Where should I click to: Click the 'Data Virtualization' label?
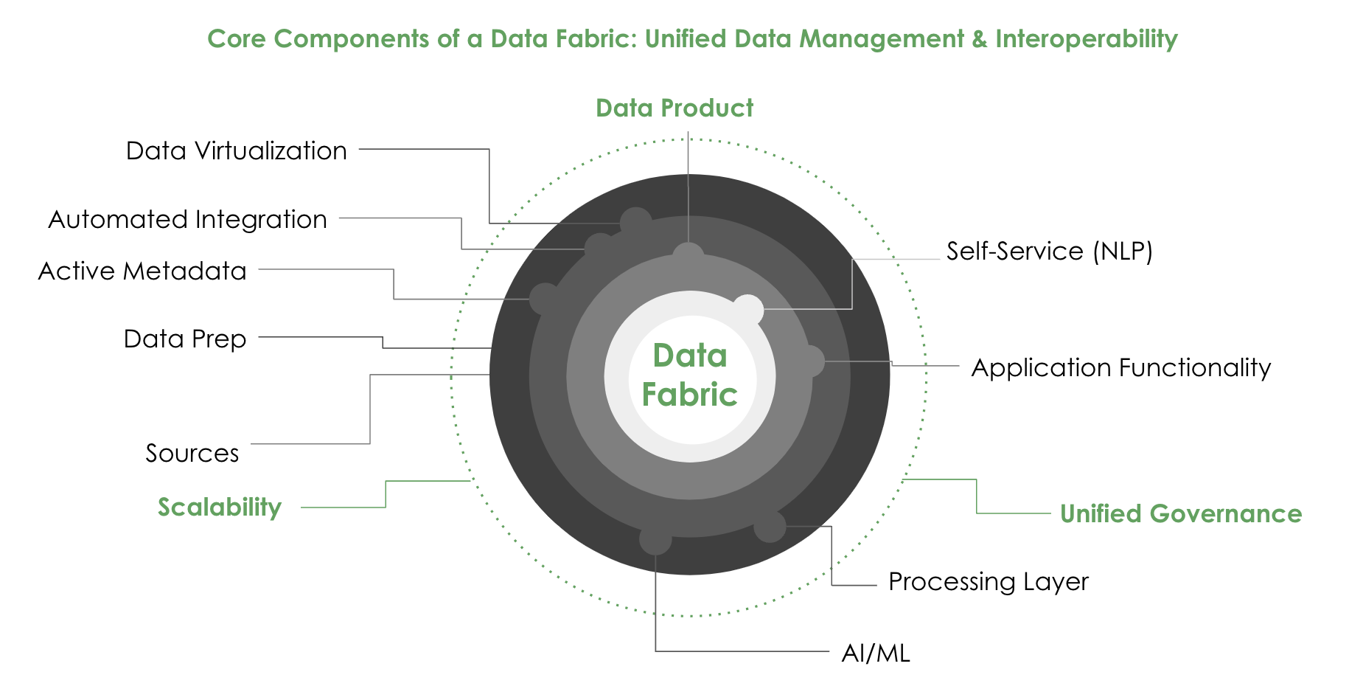click(x=236, y=150)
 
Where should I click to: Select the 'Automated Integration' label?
click(x=187, y=219)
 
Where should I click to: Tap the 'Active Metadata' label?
click(x=142, y=271)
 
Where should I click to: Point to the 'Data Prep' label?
click(x=185, y=339)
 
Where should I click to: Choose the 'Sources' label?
click(x=192, y=453)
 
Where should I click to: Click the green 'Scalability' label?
click(x=220, y=507)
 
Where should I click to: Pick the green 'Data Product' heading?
click(x=674, y=108)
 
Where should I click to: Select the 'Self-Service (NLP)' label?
click(x=1049, y=252)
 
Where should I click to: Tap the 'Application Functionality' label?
click(x=1120, y=367)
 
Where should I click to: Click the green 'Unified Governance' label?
click(x=1180, y=513)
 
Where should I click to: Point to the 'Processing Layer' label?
click(x=988, y=581)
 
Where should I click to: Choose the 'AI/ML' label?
click(x=876, y=653)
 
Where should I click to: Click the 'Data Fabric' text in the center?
click(x=690, y=375)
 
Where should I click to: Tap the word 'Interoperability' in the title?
click(x=1086, y=38)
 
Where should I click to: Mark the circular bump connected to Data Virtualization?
click(x=635, y=222)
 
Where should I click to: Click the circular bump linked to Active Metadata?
click(x=545, y=299)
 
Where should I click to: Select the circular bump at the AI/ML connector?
click(x=655, y=538)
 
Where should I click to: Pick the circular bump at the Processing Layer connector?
click(x=770, y=527)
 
